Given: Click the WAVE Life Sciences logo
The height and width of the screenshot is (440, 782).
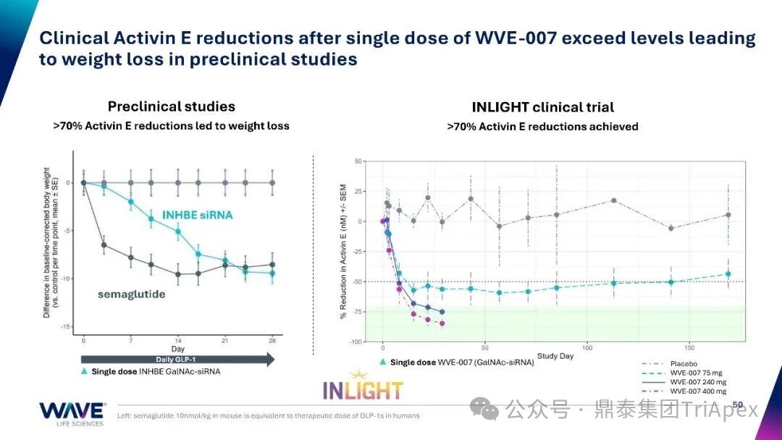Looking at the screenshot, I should pos(72,413).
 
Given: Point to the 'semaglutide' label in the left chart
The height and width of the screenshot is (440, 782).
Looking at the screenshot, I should pos(133,294).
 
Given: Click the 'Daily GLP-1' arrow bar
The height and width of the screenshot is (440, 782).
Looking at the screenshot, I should pos(177,360).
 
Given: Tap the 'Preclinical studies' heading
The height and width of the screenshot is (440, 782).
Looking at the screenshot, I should pos(172,106).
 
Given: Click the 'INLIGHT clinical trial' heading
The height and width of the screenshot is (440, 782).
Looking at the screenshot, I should pos(542,107).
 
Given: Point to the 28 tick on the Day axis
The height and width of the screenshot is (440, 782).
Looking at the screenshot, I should pos(272,339).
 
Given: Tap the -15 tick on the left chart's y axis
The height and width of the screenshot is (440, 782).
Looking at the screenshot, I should pos(68,327).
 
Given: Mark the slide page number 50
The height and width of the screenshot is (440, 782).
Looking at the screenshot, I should pos(738,405).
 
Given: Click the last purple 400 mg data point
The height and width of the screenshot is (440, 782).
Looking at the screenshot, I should pos(442,323).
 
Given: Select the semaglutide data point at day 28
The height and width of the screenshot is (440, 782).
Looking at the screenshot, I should pos(272,265).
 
